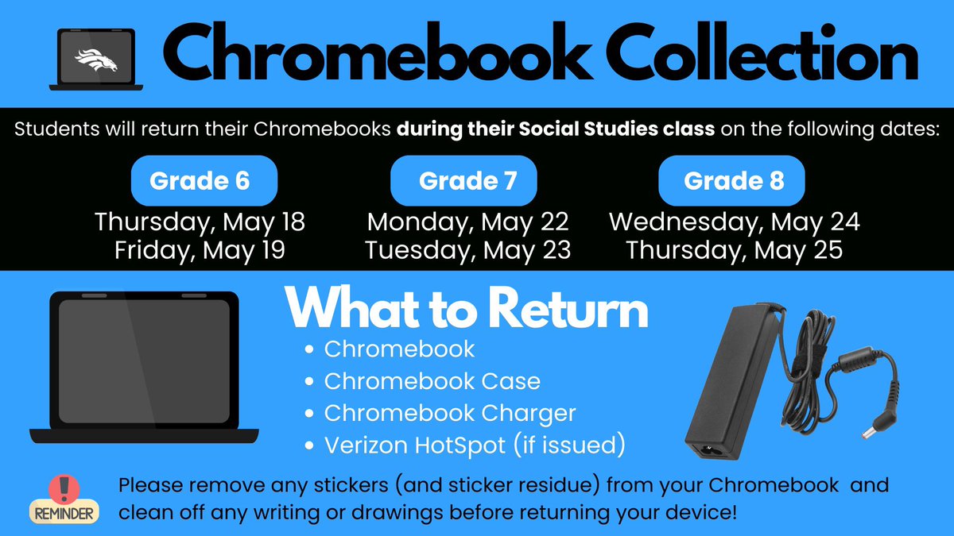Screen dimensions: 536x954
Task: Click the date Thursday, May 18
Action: (200, 222)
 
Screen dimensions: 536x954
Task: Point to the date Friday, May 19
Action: (200, 251)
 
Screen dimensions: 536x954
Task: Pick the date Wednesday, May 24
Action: (734, 222)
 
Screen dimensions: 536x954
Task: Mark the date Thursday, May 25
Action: (734, 251)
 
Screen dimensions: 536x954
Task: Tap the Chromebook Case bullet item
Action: (432, 381)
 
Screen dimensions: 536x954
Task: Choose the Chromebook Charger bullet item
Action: (449, 413)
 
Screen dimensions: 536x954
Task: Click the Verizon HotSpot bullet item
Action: (475, 445)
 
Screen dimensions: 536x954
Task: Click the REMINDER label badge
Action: (64, 513)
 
